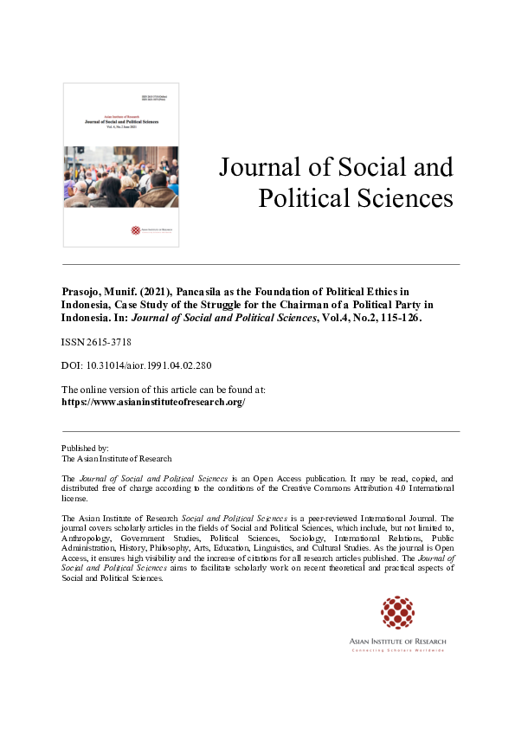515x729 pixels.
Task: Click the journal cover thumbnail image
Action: [x=121, y=165]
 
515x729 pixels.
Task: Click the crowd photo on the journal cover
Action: [x=121, y=177]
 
